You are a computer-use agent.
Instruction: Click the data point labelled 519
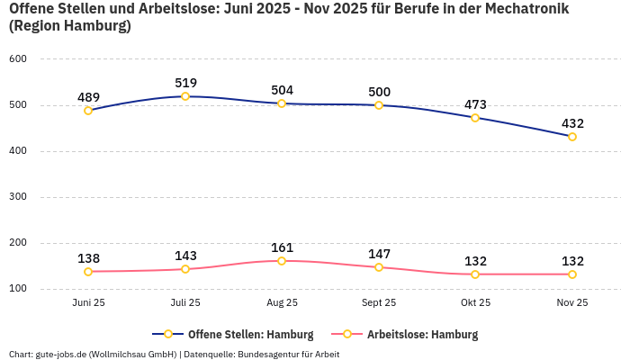point(185,96)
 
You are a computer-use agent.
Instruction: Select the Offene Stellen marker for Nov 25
point(572,137)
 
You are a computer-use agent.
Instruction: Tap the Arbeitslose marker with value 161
point(282,261)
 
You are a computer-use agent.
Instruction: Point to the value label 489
point(88,97)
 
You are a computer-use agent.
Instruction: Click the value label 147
point(379,254)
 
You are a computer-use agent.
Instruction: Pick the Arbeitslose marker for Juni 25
point(88,272)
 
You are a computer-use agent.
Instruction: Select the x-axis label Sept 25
point(379,302)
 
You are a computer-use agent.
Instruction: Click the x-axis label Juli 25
point(185,302)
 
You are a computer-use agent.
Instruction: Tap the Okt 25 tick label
point(475,302)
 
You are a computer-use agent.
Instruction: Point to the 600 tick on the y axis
point(19,58)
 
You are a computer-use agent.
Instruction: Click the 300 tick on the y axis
point(19,196)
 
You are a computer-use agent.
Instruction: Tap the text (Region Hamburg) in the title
point(70,26)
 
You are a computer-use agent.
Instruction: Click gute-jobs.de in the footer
point(61,354)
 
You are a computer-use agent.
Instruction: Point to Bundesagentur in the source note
point(273,354)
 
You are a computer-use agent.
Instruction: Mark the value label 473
point(475,104)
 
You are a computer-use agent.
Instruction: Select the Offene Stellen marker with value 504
point(282,103)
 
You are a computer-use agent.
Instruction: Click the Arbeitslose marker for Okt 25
point(475,274)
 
